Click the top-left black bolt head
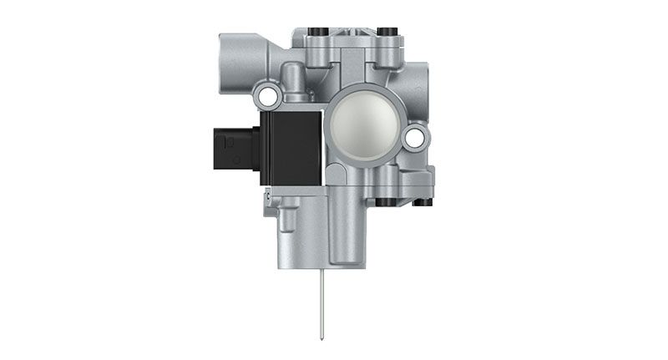click(315, 33)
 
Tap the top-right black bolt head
click(386, 33)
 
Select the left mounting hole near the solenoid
click(268, 97)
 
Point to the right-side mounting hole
click(413, 137)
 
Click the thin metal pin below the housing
click(320, 301)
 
